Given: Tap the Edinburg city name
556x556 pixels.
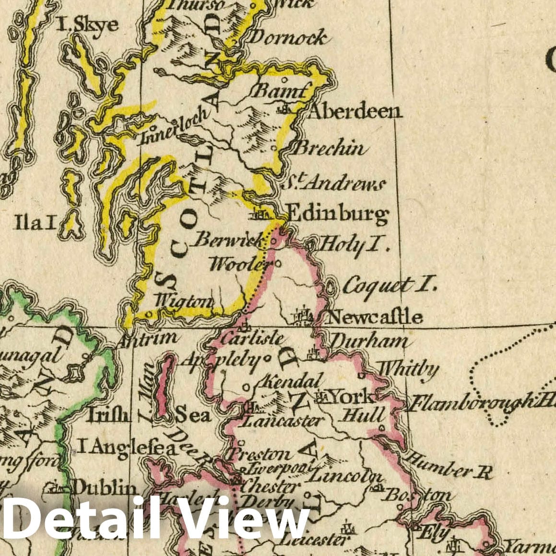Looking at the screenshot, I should [x=336, y=214].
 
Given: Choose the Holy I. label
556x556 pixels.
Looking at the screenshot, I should [x=353, y=245].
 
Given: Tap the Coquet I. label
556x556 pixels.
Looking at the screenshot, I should [x=390, y=285].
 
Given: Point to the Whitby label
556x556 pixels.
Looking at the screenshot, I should [x=408, y=369].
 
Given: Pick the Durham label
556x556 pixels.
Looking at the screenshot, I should [x=368, y=342].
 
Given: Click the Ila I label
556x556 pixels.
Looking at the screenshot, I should [x=35, y=222].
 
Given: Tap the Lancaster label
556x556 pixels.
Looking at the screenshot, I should [x=281, y=421].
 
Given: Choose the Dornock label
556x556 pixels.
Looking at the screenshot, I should [x=289, y=37].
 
